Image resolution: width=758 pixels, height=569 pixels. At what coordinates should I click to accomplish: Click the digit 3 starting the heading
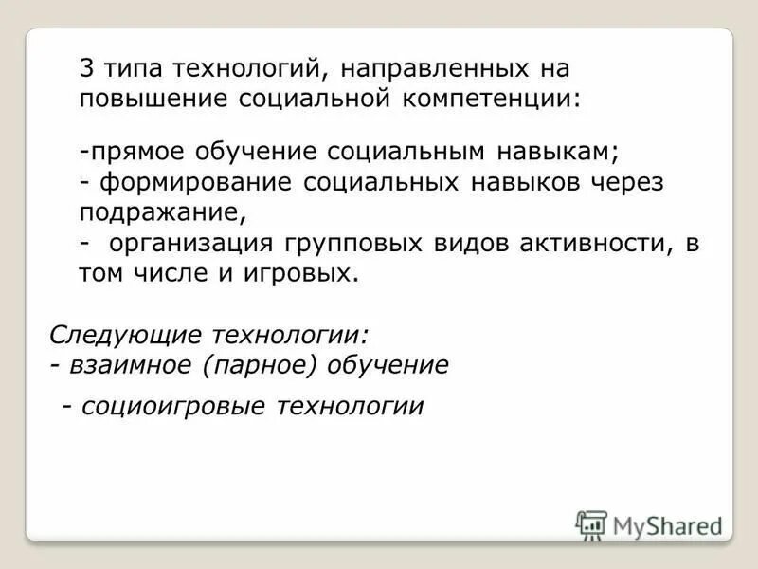click(x=85, y=69)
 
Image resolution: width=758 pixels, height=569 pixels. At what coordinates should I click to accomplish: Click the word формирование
click(x=197, y=183)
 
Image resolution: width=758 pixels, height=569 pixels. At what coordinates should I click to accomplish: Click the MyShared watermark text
click(x=667, y=525)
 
